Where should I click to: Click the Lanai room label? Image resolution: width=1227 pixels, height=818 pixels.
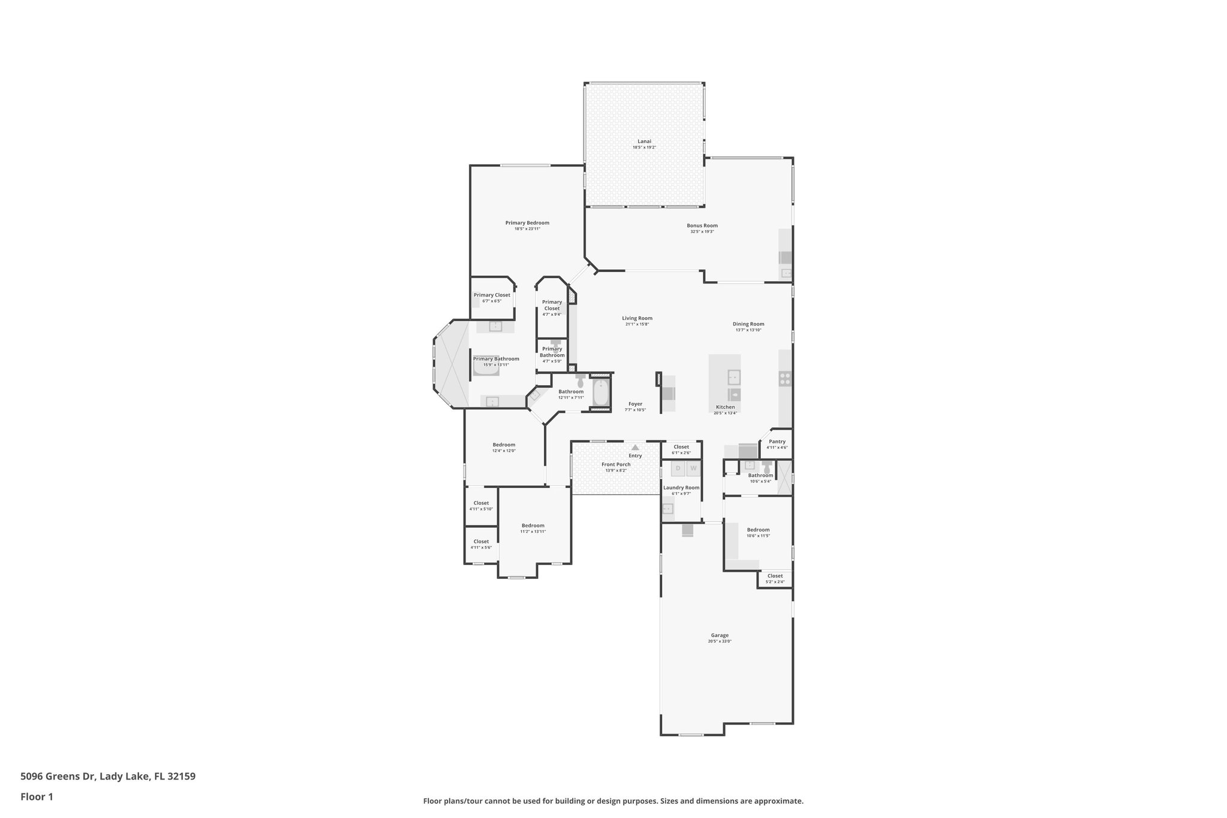click(x=644, y=141)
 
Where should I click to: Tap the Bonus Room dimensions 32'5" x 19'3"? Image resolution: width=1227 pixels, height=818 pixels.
click(x=702, y=232)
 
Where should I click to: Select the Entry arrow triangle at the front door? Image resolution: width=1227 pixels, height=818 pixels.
click(x=635, y=447)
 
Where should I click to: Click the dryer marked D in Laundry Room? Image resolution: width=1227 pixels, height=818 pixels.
click(x=678, y=468)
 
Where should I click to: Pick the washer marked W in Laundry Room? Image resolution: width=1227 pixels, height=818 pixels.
click(x=693, y=468)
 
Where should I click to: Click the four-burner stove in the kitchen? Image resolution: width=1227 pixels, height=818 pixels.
click(x=785, y=378)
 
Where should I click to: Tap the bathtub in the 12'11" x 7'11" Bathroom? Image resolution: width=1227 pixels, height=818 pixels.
click(x=600, y=393)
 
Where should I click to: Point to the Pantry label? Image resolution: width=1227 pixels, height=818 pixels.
click(x=777, y=442)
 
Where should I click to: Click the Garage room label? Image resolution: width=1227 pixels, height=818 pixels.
click(x=720, y=635)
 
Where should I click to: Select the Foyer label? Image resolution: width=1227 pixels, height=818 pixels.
click(x=635, y=404)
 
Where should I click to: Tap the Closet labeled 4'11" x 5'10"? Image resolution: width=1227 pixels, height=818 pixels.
click(x=481, y=506)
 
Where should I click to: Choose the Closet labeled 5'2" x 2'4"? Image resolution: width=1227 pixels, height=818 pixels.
click(x=775, y=578)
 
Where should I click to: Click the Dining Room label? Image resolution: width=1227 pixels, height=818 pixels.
click(x=748, y=324)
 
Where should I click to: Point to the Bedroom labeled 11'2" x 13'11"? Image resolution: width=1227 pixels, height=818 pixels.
click(x=533, y=528)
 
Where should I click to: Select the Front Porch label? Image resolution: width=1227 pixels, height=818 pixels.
click(x=616, y=464)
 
